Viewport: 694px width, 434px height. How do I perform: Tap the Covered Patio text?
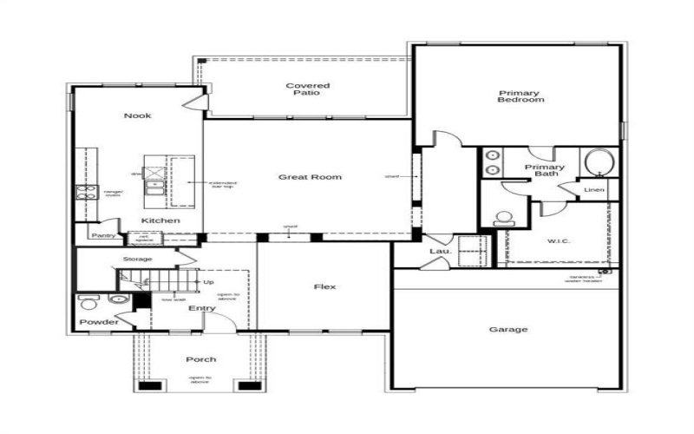coord(308,89)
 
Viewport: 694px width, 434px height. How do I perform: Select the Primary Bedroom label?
coord(520,96)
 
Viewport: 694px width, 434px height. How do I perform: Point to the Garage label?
coord(508,329)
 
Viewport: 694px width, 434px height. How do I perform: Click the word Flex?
coord(324,286)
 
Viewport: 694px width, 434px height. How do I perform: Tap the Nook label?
coord(137,115)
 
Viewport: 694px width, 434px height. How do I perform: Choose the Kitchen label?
coord(161,220)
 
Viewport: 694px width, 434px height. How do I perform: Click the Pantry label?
coord(105,235)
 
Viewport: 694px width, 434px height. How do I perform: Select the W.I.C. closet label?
coord(558,241)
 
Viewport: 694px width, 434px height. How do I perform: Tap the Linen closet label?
coord(594,189)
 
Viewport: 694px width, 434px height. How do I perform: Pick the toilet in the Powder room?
coord(88,302)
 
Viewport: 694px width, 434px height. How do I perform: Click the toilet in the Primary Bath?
coord(502,218)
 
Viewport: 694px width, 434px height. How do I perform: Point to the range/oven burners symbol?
coord(85,193)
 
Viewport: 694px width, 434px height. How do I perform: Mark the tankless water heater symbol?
coord(604,271)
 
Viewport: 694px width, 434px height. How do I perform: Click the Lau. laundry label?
coord(437,252)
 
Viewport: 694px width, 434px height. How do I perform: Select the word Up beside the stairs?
coord(208,282)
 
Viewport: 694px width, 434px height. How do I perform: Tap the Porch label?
coord(200,359)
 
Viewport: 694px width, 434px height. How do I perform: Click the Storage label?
coord(137,259)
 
